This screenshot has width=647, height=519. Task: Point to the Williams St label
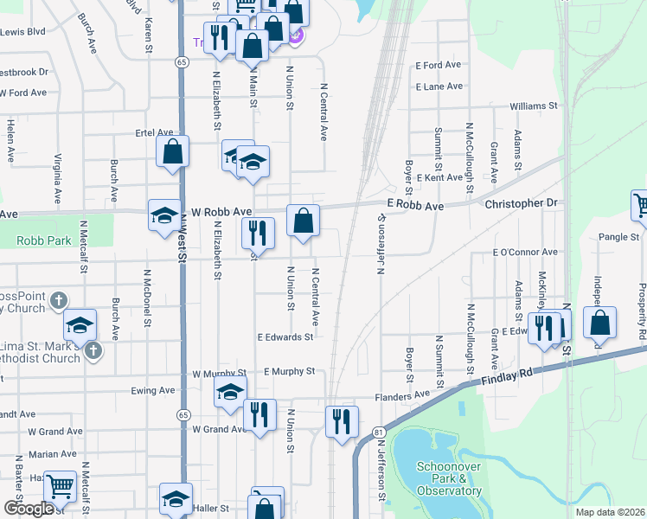(x=534, y=106)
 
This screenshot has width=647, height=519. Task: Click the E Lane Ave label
(x=439, y=86)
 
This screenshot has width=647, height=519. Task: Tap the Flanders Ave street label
(x=402, y=395)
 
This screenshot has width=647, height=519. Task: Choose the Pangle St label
(x=618, y=236)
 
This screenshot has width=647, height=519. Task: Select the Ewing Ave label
(x=153, y=390)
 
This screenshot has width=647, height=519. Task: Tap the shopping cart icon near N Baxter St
(x=59, y=488)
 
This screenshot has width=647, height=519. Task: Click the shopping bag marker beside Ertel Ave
(x=173, y=151)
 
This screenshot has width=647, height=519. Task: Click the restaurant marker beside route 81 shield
(x=342, y=421)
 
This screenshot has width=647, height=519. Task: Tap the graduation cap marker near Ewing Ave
(x=230, y=392)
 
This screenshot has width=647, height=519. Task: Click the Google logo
(x=29, y=509)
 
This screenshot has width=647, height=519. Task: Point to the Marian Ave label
(x=52, y=454)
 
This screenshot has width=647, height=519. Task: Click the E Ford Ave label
(x=439, y=65)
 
